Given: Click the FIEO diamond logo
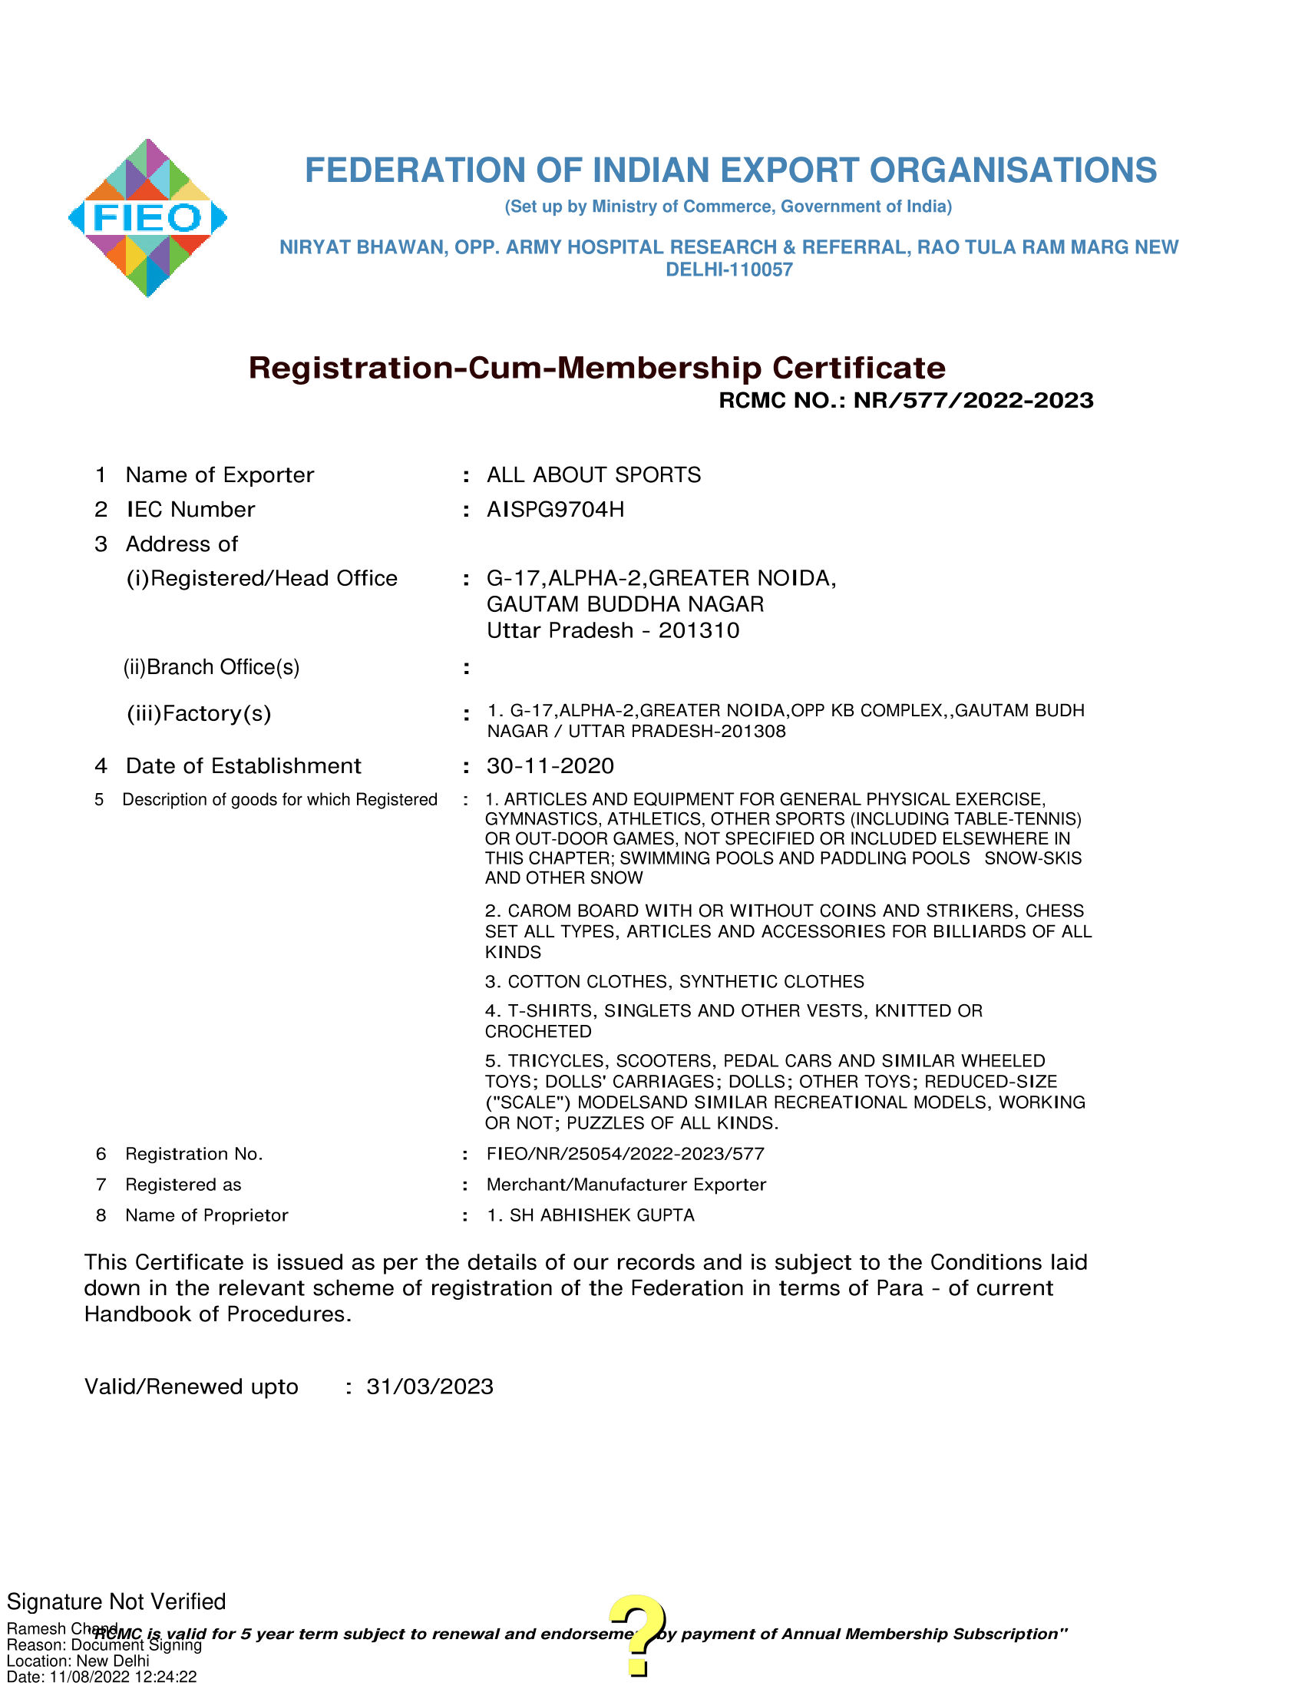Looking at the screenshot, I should coord(147,218).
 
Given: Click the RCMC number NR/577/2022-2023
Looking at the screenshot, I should coord(973,401).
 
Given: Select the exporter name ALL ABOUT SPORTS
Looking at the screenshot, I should coord(593,474).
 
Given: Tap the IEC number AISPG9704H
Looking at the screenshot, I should coord(555,510).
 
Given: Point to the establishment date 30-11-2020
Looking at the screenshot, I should coord(550,765).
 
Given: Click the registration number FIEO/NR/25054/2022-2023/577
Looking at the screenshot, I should coord(625,1154).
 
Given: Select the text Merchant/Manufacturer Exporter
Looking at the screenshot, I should coord(626,1185).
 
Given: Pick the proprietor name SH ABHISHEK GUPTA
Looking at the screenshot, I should coord(601,1215).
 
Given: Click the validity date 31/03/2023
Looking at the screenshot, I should coord(429,1387).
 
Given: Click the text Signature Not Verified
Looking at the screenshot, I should coord(116,1601).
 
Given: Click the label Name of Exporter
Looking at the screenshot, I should coord(220,474).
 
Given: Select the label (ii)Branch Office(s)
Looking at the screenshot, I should coord(211,666).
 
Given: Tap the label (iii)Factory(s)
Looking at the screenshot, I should coord(199,713).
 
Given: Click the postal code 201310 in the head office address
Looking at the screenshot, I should coord(698,630).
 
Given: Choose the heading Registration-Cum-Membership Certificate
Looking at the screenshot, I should coord(596,368).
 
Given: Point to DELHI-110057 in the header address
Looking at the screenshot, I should coord(729,270).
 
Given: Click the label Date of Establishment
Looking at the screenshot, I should coord(243,765).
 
